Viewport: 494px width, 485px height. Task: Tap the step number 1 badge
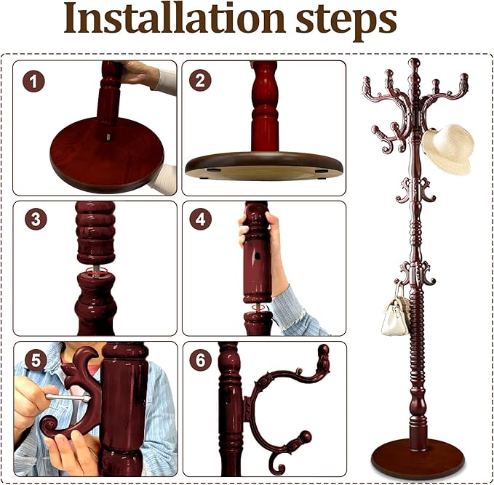coord(33,81)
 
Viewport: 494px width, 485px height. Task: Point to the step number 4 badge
coord(201,219)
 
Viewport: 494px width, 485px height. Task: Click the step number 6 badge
coord(201,360)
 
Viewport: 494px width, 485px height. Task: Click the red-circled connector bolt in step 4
coord(257,308)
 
